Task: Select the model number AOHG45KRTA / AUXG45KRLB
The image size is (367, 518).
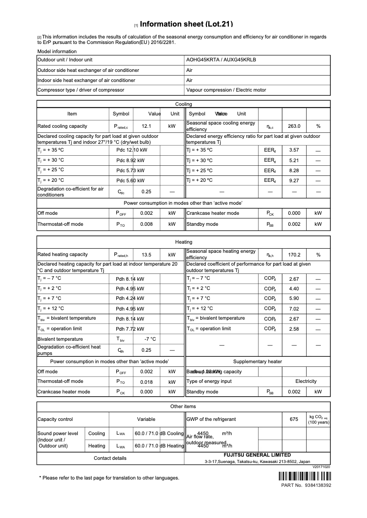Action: (221, 60)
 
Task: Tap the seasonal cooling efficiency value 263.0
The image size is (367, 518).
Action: (294, 126)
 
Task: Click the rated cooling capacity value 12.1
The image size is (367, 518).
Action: (146, 126)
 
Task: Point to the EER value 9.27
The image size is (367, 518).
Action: (294, 180)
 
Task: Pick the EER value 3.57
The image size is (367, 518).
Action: (294, 150)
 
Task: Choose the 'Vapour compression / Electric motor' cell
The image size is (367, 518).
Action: (226, 90)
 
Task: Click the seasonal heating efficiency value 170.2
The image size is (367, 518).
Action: (294, 255)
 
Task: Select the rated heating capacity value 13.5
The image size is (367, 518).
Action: (146, 255)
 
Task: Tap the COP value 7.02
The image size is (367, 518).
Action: (294, 309)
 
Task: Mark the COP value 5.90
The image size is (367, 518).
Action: (294, 299)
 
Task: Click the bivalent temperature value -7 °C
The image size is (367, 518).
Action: (150, 339)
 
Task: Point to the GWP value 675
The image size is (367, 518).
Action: (294, 419)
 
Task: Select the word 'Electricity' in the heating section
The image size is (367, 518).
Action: (306, 382)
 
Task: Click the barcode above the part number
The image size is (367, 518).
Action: (304, 476)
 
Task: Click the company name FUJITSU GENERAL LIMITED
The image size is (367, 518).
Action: (257, 455)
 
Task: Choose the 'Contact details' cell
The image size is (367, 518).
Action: (110, 458)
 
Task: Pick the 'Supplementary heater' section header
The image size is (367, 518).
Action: (257, 362)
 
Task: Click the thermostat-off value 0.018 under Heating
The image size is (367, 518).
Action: (146, 382)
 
